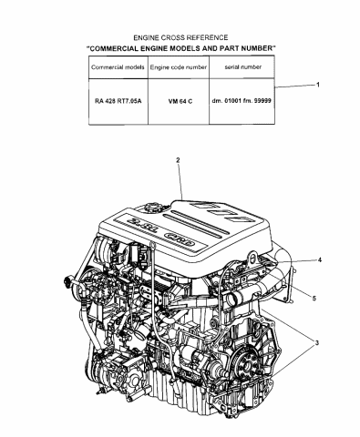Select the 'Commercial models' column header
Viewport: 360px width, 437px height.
pyautogui.click(x=117, y=69)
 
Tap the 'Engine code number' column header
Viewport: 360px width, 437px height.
pyautogui.click(x=179, y=69)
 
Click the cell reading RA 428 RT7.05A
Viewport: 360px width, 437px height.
pyautogui.click(x=117, y=103)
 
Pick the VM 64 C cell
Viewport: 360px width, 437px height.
pyautogui.click(x=179, y=103)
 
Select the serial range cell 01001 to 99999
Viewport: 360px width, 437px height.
pyautogui.click(x=241, y=103)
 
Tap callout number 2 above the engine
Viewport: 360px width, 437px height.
pyautogui.click(x=178, y=161)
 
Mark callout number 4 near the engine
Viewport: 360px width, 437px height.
pyautogui.click(x=319, y=259)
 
